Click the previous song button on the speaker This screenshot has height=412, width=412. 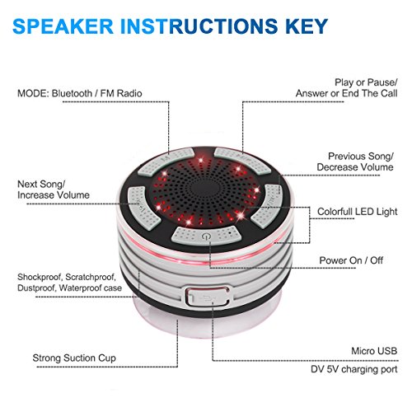268,196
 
